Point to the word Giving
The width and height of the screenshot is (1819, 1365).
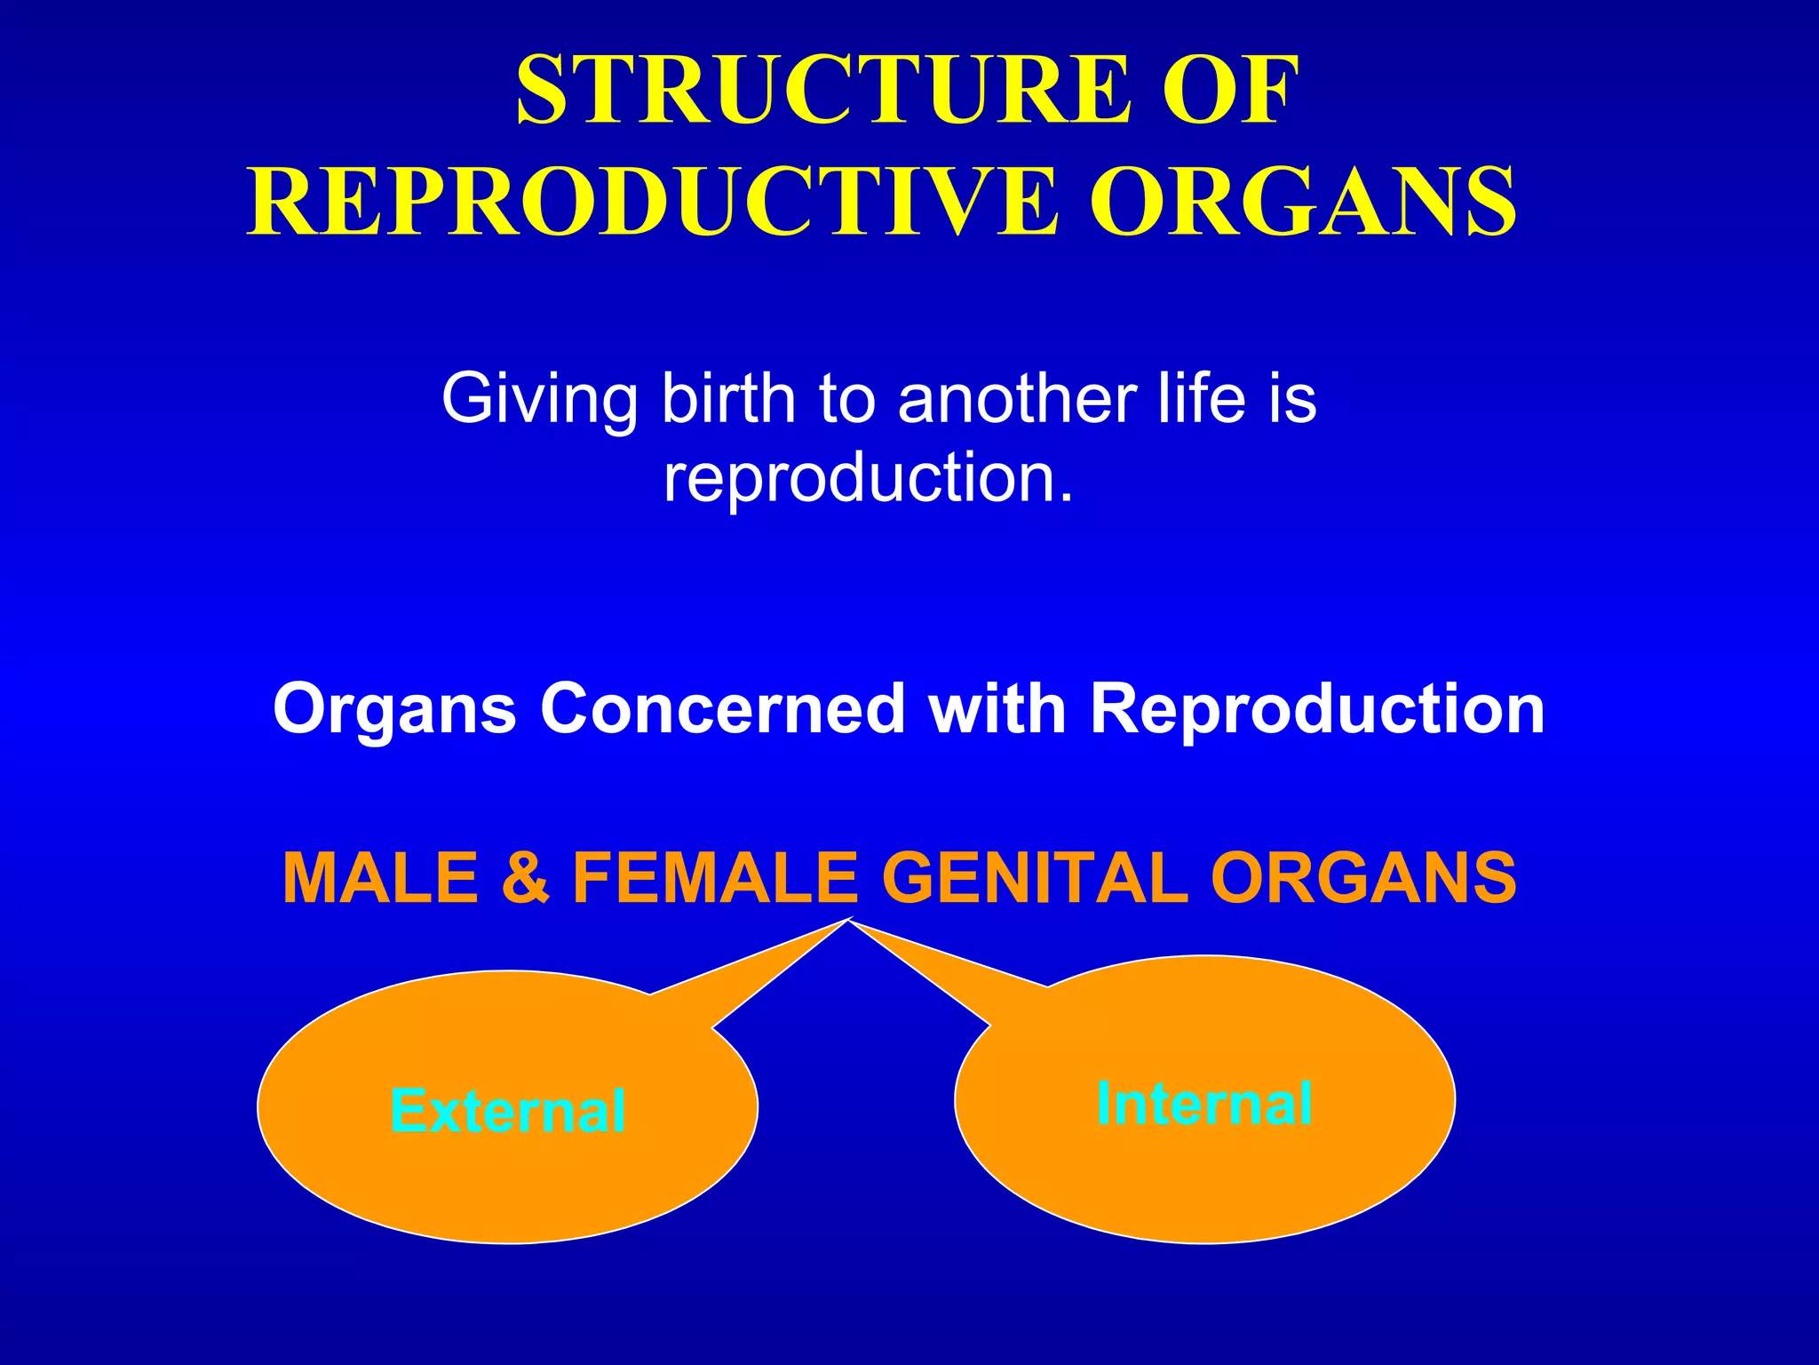click(539, 400)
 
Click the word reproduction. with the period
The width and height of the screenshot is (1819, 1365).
click(869, 478)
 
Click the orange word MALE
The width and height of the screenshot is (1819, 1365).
click(381, 878)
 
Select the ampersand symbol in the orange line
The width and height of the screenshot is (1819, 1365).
click(526, 878)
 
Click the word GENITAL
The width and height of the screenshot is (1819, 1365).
click(1035, 878)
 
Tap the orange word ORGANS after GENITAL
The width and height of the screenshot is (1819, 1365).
click(1363, 878)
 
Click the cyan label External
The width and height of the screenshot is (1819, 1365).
click(507, 1111)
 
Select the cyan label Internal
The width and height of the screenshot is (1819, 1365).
click(1204, 1104)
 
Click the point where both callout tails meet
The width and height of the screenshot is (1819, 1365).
click(849, 921)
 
